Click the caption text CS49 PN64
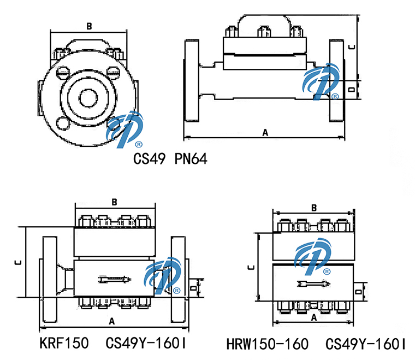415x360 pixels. point(170,159)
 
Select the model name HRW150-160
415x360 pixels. point(267,344)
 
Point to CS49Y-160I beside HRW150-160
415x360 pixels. point(366,344)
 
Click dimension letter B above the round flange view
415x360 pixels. point(89,26)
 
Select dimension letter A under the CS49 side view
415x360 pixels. point(265,132)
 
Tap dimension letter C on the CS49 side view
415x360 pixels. point(352,46)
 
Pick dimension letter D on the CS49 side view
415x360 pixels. point(352,87)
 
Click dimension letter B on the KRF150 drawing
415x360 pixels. point(114,202)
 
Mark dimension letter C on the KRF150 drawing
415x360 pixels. point(18,262)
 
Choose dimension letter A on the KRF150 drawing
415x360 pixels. point(111,320)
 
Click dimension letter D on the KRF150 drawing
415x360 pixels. point(192,287)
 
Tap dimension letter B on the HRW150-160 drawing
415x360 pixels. point(314,208)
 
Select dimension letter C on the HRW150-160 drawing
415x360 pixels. point(250,267)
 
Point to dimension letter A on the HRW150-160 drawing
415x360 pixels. point(314,317)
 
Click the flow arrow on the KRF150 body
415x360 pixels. point(114,280)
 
